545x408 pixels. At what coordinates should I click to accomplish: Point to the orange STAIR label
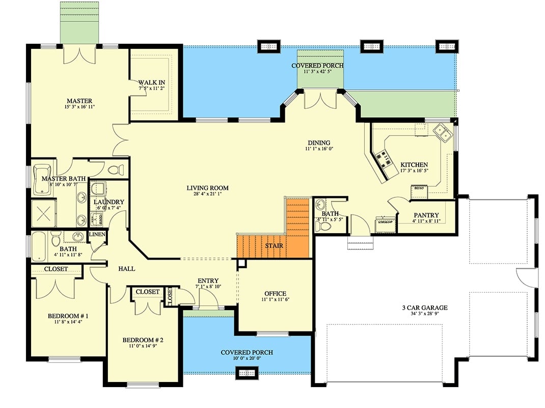tap(274, 246)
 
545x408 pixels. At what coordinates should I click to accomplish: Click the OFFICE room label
tap(275, 294)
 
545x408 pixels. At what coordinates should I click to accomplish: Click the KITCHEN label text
tap(414, 165)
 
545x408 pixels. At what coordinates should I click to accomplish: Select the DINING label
tap(319, 143)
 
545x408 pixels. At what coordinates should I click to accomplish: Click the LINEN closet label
tap(97, 234)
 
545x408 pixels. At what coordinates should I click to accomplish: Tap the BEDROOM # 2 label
tap(143, 340)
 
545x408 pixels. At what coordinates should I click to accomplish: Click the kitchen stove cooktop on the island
tap(385, 161)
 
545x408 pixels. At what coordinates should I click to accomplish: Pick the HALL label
tap(126, 268)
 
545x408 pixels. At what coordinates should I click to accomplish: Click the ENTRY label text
tap(208, 280)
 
